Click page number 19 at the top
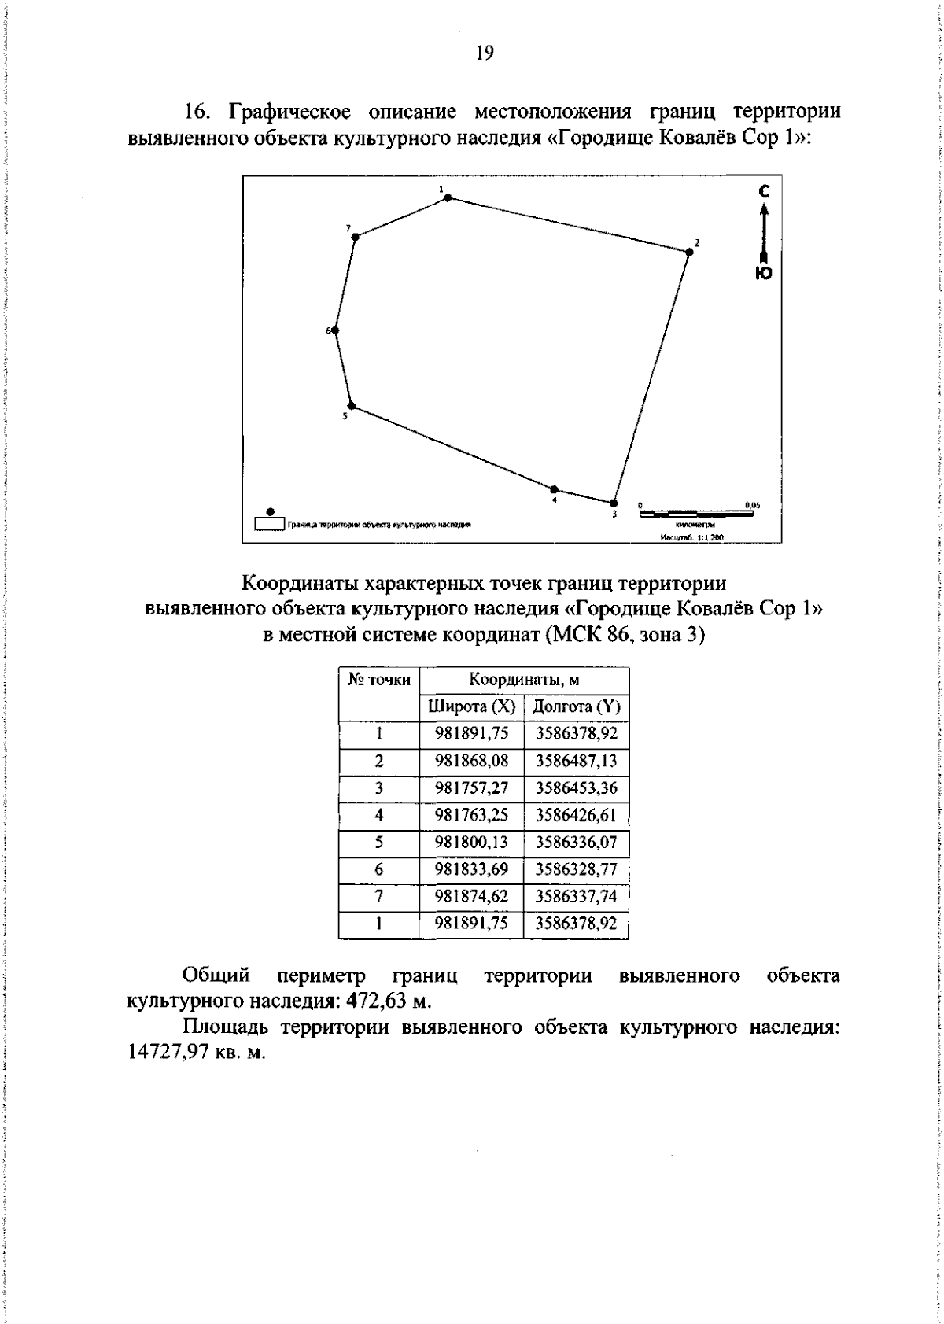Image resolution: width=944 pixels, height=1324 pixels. pyautogui.click(x=484, y=53)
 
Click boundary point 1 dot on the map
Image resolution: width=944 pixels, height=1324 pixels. pyautogui.click(x=448, y=197)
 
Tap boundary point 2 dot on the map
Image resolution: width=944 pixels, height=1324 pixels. pyautogui.click(x=689, y=252)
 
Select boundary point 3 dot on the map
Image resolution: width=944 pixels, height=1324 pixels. pyautogui.click(x=636, y=503)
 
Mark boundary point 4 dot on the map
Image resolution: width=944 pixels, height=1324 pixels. pyautogui.click(x=554, y=489)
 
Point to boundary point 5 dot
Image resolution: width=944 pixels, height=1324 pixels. pyautogui.click(x=352, y=406)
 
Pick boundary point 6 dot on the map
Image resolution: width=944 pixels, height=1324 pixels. pyautogui.click(x=336, y=330)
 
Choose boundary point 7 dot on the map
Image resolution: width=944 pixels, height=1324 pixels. pyautogui.click(x=355, y=236)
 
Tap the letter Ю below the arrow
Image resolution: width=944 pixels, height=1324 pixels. pyautogui.click(x=764, y=273)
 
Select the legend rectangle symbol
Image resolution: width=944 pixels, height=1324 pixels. pyautogui.click(x=270, y=522)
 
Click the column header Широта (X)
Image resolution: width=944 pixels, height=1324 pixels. pyautogui.click(x=470, y=706)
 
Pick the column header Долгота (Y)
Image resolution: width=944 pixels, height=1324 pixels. pyautogui.click(x=576, y=706)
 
